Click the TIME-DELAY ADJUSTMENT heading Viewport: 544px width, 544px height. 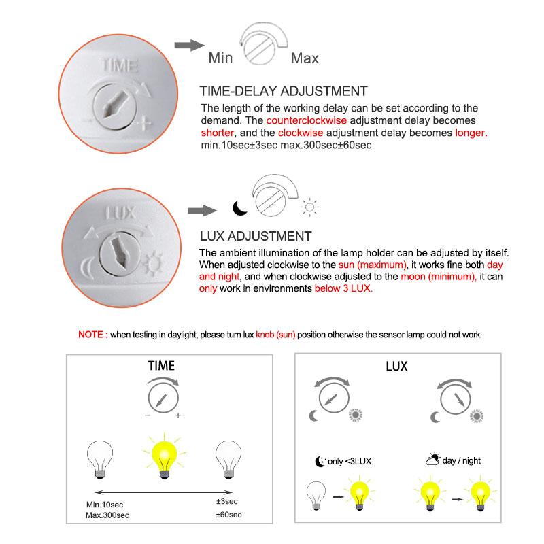[284, 91]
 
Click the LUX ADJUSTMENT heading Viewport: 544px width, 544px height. [256, 237]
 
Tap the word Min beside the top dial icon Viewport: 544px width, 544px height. [220, 58]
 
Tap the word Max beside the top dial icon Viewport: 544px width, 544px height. [304, 58]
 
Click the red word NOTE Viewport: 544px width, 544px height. [92, 335]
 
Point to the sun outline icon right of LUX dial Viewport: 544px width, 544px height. [312, 208]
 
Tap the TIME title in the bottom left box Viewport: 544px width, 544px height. [161, 366]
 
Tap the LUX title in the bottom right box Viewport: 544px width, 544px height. [396, 366]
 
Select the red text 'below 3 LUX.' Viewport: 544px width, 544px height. [343, 288]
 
